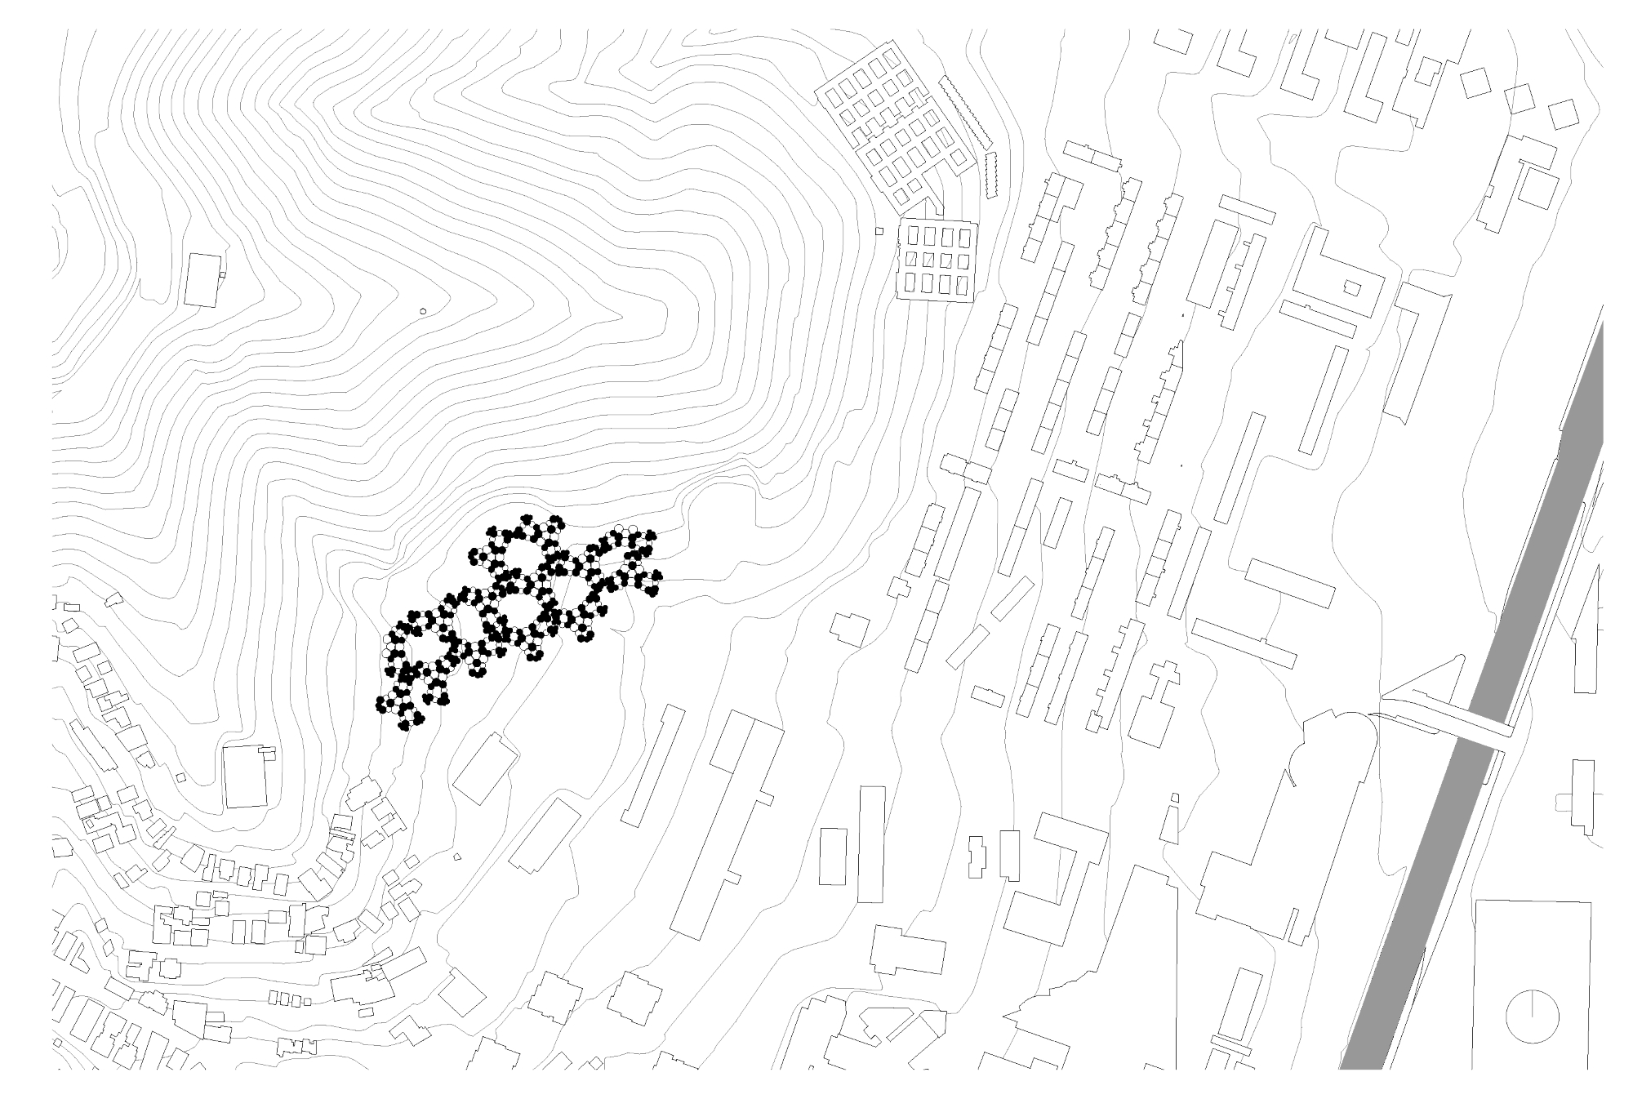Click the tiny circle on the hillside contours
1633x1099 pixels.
tap(422, 311)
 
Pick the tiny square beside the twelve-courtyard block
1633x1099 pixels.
tap(879, 231)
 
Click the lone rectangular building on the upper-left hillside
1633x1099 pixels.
tap(203, 280)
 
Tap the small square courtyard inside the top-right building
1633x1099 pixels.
tap(1353, 287)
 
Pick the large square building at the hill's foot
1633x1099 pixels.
tap(246, 776)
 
